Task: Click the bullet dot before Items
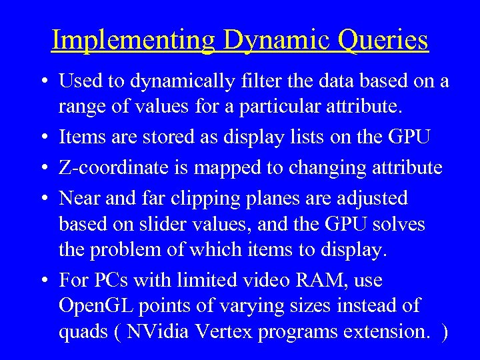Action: (42, 137)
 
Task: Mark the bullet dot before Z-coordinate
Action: (42, 167)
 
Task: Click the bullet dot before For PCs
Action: (42, 280)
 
